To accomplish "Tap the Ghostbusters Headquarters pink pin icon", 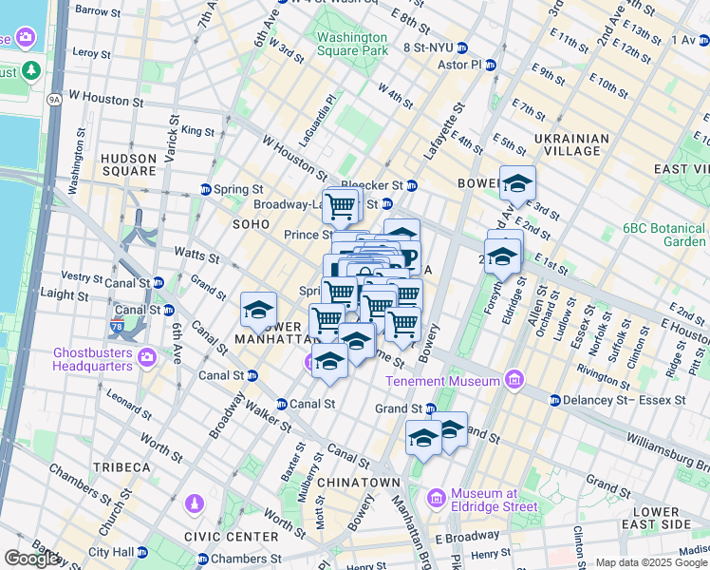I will [x=146, y=357].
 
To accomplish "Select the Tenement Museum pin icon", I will [x=514, y=380].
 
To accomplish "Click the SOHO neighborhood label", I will [x=252, y=223].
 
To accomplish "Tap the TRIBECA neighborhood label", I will [x=121, y=467].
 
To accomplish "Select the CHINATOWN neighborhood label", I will [x=358, y=483].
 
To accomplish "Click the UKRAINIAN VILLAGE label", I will [x=571, y=144].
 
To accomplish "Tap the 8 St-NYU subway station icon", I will [x=461, y=47].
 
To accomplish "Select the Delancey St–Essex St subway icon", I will [x=555, y=400].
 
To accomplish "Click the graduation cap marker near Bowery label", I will [x=518, y=183].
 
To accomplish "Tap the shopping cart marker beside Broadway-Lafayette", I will [x=340, y=204].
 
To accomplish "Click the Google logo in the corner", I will [x=32, y=559].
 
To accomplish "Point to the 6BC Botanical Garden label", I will [x=663, y=235].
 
